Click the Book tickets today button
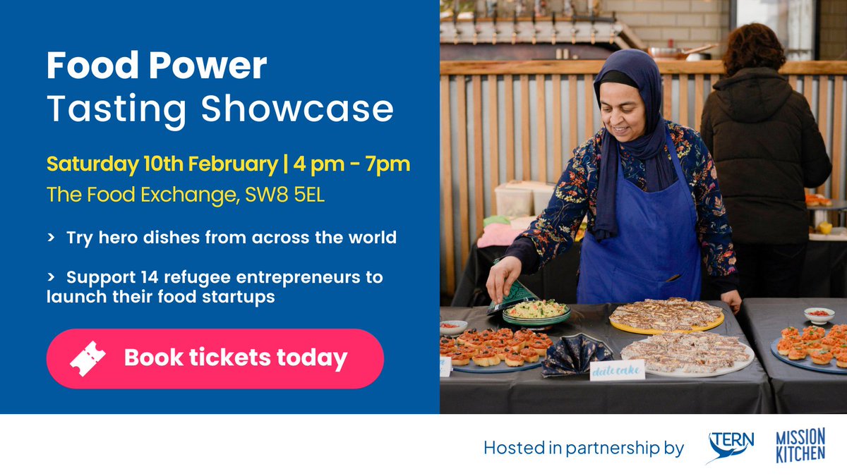215,358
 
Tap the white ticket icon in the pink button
88,358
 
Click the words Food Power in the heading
157,67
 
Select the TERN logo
731,447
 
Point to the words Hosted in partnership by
584,448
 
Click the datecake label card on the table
618,370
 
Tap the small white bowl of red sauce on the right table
819,315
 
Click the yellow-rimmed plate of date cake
667,317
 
